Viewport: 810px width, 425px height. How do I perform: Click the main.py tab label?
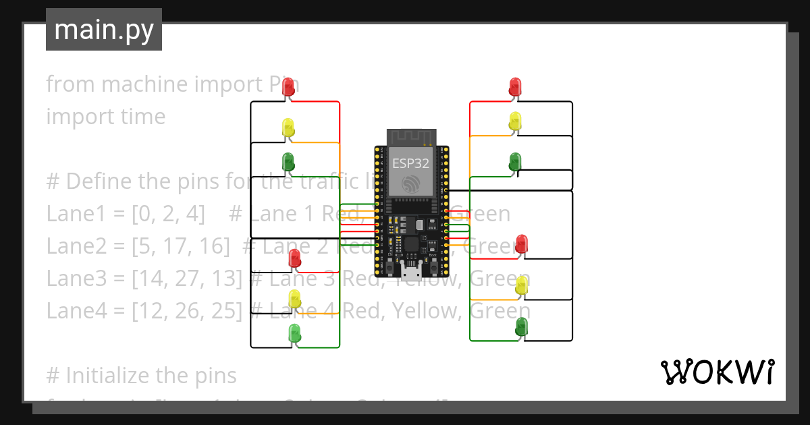coord(103,30)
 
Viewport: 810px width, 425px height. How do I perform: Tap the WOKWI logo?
coord(717,372)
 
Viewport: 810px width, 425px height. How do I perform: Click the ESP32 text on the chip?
coord(410,163)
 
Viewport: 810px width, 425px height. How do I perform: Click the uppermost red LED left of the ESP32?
coord(288,86)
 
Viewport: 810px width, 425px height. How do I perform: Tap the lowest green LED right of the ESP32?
coord(521,328)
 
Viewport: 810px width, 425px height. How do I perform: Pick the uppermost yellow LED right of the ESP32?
coord(515,121)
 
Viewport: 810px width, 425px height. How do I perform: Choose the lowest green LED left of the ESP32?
coord(294,332)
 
